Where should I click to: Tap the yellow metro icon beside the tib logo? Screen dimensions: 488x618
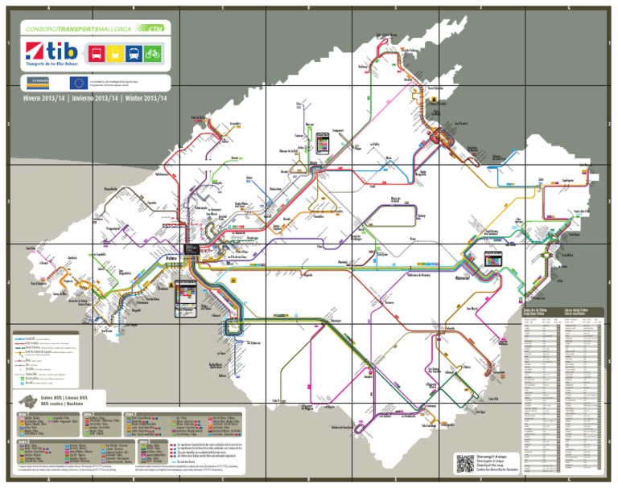(113, 54)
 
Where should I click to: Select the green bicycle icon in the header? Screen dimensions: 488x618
(153, 54)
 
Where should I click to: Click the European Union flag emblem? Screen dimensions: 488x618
(78, 82)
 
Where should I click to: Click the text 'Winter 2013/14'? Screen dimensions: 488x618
(146, 99)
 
